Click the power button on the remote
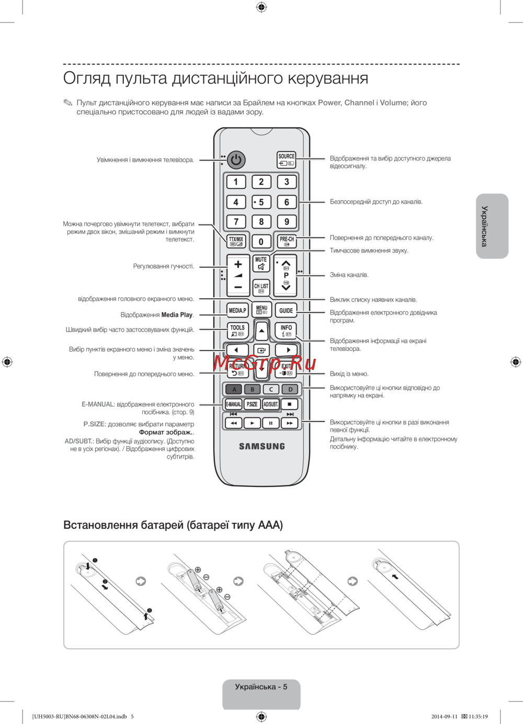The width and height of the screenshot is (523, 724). point(236,160)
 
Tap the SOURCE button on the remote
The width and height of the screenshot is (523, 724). point(286,160)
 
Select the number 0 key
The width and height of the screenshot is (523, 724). point(261,242)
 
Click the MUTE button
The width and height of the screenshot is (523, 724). point(261,263)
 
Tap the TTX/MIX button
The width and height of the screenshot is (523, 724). point(236,241)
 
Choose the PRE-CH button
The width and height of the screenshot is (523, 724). point(287,241)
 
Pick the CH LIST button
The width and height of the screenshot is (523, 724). point(261,288)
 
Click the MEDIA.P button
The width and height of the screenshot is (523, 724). point(237,310)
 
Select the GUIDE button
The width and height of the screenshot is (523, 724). point(286,310)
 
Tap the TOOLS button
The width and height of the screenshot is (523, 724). point(237,330)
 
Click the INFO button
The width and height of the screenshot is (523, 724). point(286,330)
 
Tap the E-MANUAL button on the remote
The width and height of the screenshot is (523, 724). point(233,404)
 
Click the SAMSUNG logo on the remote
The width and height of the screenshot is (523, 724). point(262,446)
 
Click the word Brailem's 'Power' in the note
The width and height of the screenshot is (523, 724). point(329,103)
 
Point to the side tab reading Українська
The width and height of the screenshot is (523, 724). point(492,226)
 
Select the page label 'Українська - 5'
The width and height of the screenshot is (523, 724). point(261,687)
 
